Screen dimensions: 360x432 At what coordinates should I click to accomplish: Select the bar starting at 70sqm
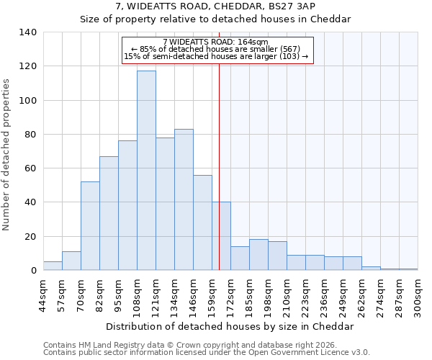[90, 226]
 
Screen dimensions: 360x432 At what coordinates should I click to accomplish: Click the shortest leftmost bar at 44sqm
[53, 266]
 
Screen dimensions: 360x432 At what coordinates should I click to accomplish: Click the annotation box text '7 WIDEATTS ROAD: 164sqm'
[215, 42]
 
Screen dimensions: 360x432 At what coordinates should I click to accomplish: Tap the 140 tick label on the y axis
[27, 32]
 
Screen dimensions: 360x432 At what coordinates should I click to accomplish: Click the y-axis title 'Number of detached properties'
[6, 155]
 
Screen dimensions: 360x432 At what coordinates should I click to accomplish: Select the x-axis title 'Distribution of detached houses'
[230, 326]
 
